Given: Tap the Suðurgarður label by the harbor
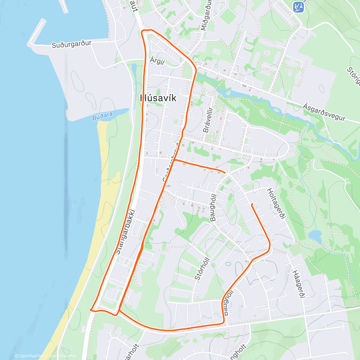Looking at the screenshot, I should point(71,44).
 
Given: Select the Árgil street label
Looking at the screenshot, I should point(157,61).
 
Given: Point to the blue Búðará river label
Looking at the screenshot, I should point(102,116).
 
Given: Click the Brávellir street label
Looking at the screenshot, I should point(208,120).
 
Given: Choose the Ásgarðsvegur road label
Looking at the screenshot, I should point(324,112).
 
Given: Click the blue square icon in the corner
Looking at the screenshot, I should point(298,6).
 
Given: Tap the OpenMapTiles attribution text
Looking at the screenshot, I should point(29,356).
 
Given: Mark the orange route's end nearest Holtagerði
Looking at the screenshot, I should point(252,205).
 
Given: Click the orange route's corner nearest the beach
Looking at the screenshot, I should point(91,310).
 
